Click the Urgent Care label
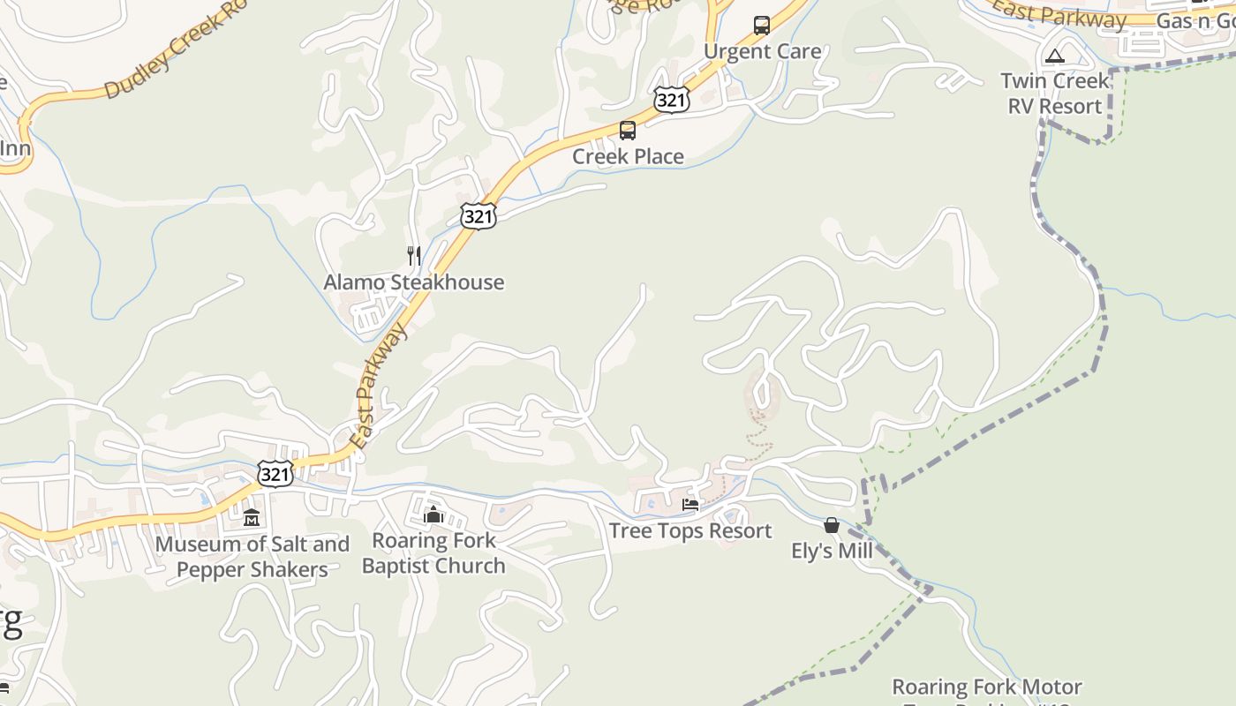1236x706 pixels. (x=762, y=51)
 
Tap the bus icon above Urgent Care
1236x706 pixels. (x=761, y=25)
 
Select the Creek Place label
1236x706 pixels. (x=628, y=156)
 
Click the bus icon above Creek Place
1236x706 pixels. (x=628, y=131)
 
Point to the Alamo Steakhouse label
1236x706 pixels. (x=413, y=282)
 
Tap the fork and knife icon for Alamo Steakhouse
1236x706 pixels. (x=413, y=256)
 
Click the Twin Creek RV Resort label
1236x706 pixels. (x=1055, y=94)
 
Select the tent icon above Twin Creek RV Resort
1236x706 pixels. (x=1054, y=56)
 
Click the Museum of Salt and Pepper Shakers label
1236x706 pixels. (x=252, y=557)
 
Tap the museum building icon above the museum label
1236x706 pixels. (x=252, y=517)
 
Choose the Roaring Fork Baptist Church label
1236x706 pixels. (x=433, y=553)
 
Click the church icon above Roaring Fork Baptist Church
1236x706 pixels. (x=433, y=514)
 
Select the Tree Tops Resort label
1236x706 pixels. (x=690, y=531)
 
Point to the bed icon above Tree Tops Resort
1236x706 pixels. (x=690, y=505)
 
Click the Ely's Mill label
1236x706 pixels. (x=832, y=552)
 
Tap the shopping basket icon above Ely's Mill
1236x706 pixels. (x=831, y=525)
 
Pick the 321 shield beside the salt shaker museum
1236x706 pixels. (x=275, y=474)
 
